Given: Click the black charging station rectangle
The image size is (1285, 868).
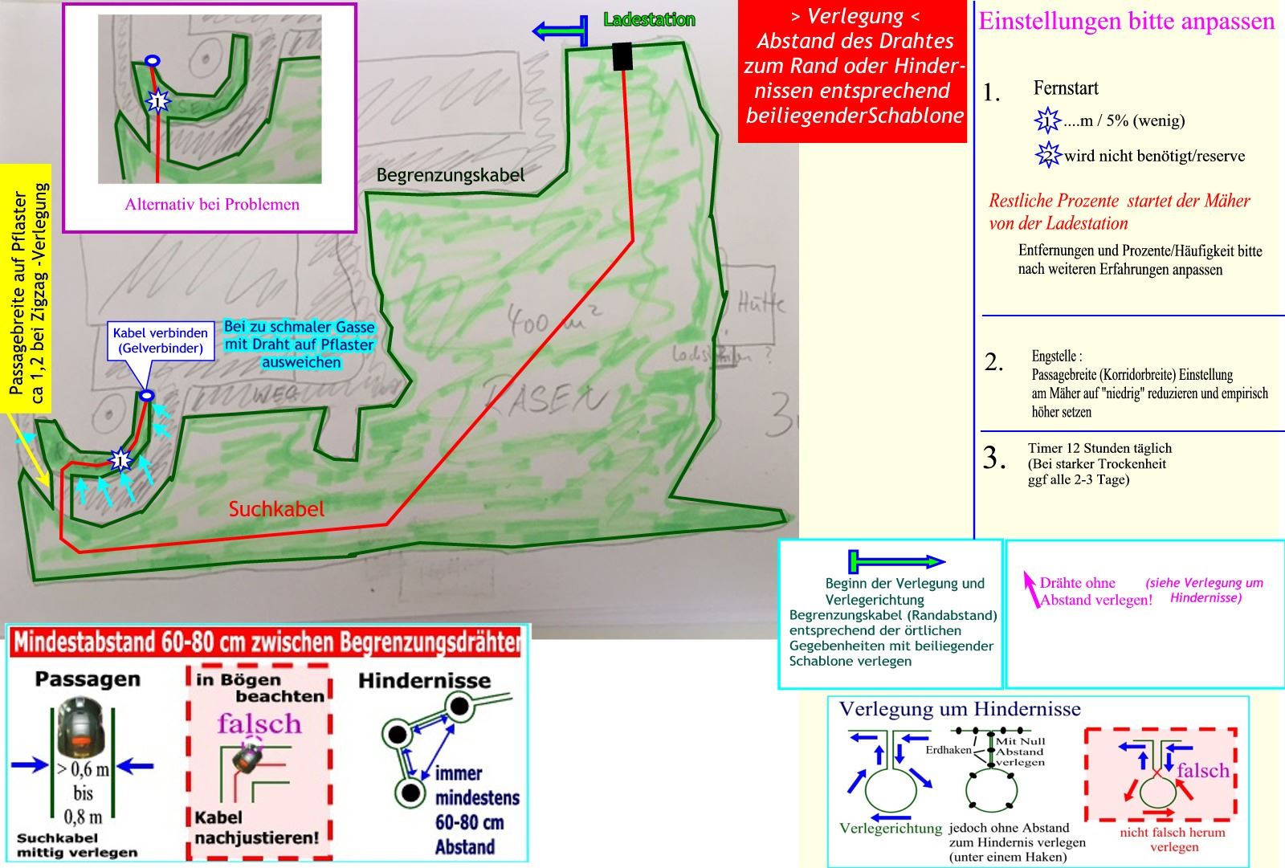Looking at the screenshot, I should point(622,56).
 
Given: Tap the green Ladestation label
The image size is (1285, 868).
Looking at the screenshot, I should point(649,19).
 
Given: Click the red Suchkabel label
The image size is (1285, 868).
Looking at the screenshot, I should point(276,509).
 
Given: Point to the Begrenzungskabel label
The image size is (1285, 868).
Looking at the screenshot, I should point(451,175).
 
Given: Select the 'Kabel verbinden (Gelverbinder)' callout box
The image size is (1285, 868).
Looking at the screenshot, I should point(161,340).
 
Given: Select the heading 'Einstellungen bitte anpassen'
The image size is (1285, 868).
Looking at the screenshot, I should point(1126,21).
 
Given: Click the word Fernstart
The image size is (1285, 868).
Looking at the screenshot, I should point(1066,88).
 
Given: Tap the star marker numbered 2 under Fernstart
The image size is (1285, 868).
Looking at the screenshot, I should point(1047,154).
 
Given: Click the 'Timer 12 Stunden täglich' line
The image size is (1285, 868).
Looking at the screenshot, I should point(1099,448).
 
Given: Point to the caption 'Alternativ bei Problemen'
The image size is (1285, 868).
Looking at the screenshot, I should point(212,204).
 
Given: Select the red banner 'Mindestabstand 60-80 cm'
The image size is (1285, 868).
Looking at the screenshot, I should point(267,642).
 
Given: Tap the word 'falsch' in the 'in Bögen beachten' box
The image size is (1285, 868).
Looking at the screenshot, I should point(259,723).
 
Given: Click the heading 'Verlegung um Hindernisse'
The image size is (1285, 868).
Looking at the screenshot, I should point(960,709).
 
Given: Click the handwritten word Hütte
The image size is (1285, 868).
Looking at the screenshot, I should point(760,304).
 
